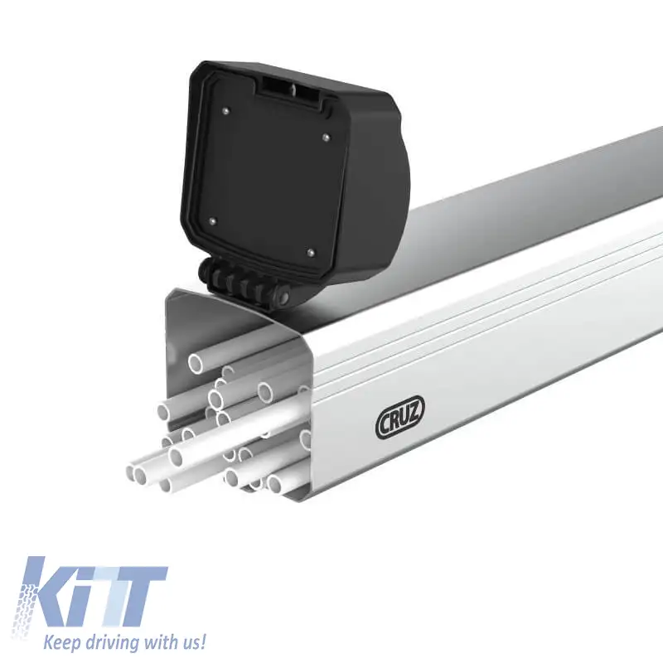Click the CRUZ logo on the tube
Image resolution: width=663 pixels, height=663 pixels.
(x=399, y=417)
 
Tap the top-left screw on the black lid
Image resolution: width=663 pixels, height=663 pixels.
(x=225, y=110)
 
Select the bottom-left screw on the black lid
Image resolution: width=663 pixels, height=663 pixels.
(x=213, y=220)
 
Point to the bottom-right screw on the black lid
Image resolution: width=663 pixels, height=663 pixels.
(x=312, y=253)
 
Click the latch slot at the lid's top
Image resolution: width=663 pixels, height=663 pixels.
(x=293, y=89)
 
